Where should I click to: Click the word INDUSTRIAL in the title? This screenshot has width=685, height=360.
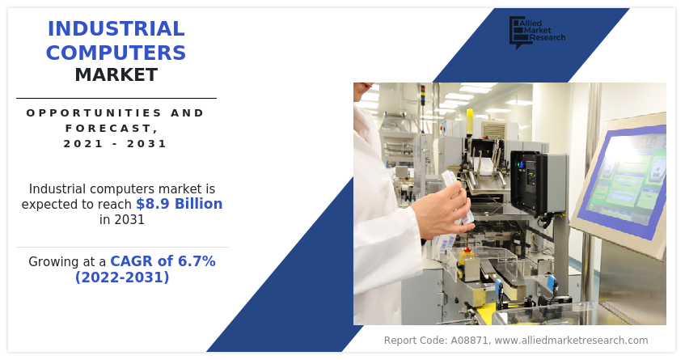click(x=116, y=29)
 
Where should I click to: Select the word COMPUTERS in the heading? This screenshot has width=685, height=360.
click(x=116, y=53)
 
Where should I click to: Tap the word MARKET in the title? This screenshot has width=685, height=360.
click(x=116, y=76)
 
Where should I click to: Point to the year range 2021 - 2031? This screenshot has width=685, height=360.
click(x=116, y=144)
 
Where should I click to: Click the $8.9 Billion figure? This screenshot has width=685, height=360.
click(x=179, y=204)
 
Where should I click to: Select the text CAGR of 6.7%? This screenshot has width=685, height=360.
click(x=163, y=261)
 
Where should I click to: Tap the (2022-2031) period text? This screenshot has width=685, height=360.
click(x=122, y=277)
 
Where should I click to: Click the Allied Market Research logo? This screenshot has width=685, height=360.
click(x=536, y=32)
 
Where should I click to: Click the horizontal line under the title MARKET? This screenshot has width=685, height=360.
click(x=116, y=98)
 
